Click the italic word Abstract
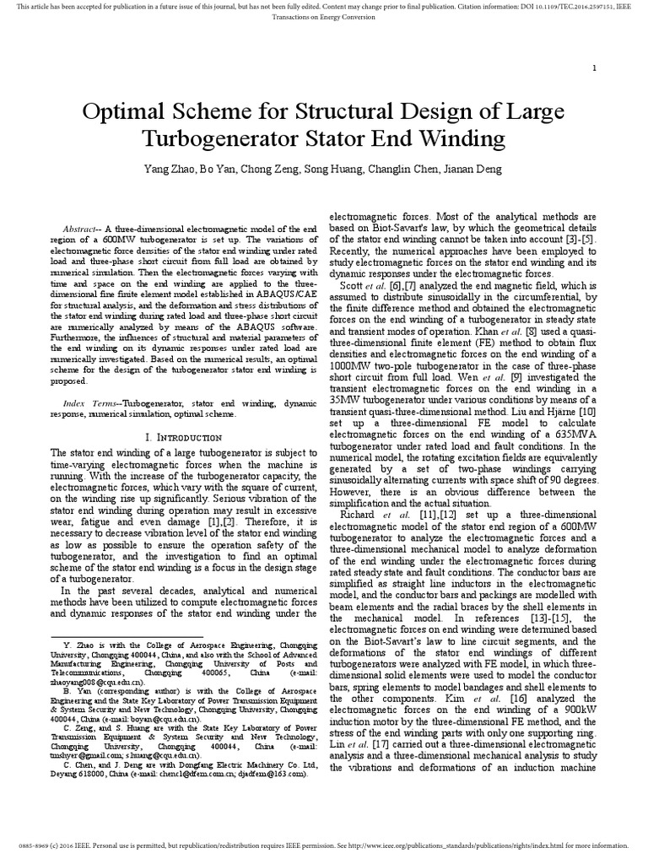click(81, 230)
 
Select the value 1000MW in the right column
click(349, 376)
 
